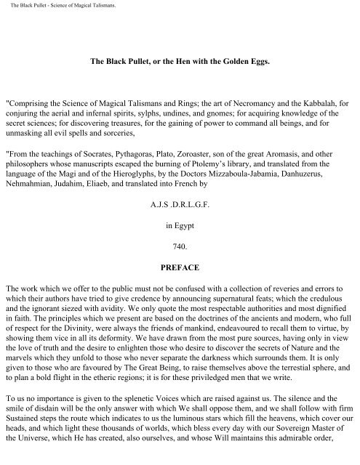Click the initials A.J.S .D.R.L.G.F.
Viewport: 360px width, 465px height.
[180, 216]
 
